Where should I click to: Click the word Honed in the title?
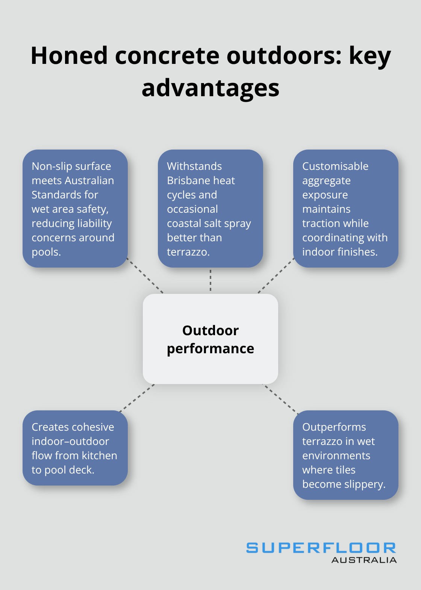69,56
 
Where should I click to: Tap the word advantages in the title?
210,88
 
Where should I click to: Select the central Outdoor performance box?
210,339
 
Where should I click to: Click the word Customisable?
335,166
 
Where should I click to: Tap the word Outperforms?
334,427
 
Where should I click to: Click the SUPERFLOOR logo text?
321,548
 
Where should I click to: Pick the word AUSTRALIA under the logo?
364,560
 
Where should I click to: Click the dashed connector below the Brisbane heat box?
210,280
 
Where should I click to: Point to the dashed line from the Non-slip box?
145,275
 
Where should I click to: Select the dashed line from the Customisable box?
276,275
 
